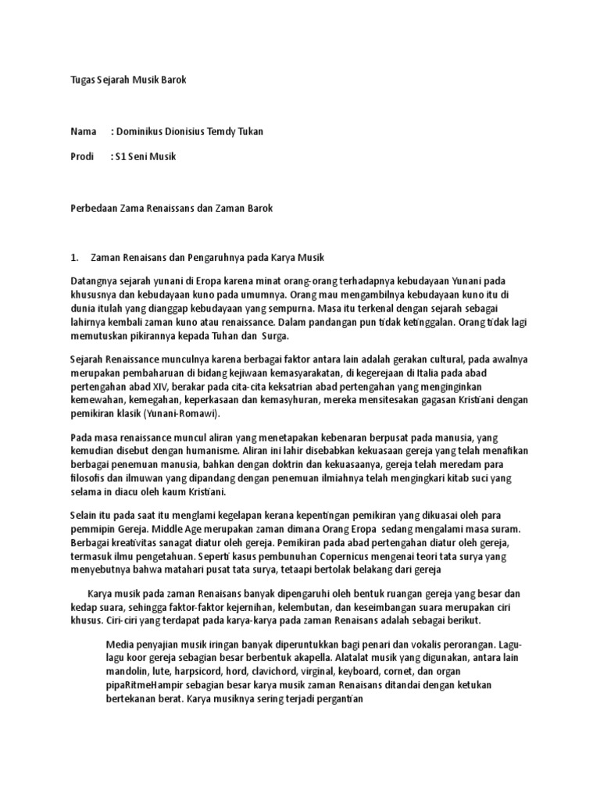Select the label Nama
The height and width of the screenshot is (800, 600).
pos(84,131)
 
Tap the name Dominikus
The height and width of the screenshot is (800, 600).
pos(145,131)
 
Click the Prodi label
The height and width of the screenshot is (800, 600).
pos(82,156)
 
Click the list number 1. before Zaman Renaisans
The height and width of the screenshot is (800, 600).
pos(75,257)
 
